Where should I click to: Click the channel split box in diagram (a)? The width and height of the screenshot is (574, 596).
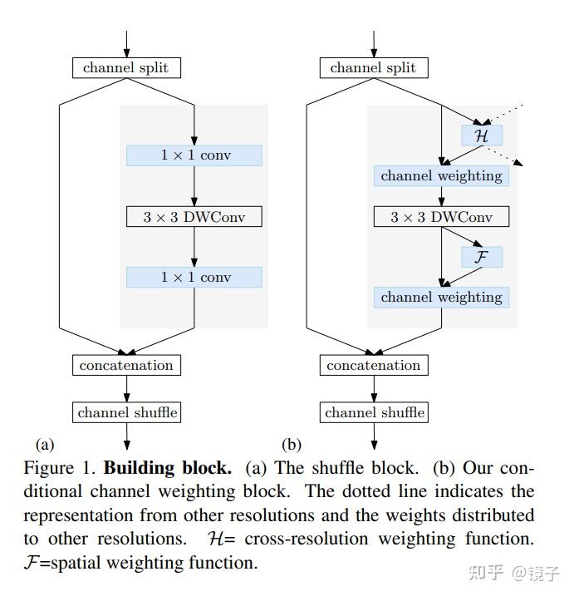pyautogui.click(x=126, y=68)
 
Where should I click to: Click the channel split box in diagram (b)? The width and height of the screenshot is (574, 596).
pyautogui.click(x=373, y=68)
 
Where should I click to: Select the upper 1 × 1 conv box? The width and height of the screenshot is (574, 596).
pyautogui.click(x=194, y=155)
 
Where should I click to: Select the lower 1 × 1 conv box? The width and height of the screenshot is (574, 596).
pyautogui.click(x=194, y=278)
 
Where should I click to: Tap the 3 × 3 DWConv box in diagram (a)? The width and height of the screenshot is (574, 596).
pyautogui.click(x=194, y=217)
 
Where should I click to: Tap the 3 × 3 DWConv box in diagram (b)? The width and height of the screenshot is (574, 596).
pyautogui.click(x=441, y=217)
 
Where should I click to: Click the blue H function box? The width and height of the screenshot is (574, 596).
pyautogui.click(x=482, y=135)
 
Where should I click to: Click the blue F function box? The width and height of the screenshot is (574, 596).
pyautogui.click(x=482, y=257)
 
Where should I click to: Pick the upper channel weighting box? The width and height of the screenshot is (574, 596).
pyautogui.click(x=441, y=175)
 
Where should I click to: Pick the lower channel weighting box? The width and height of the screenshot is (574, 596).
pyautogui.click(x=441, y=297)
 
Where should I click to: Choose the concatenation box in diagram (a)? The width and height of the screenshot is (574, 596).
pyautogui.click(x=126, y=365)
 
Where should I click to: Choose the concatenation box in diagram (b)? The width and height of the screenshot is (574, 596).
pyautogui.click(x=373, y=365)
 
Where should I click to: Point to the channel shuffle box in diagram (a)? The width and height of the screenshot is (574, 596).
pyautogui.click(x=126, y=412)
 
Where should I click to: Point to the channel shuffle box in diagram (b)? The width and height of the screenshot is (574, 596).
pyautogui.click(x=373, y=412)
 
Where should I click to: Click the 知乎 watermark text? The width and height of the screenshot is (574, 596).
pyautogui.click(x=487, y=574)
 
